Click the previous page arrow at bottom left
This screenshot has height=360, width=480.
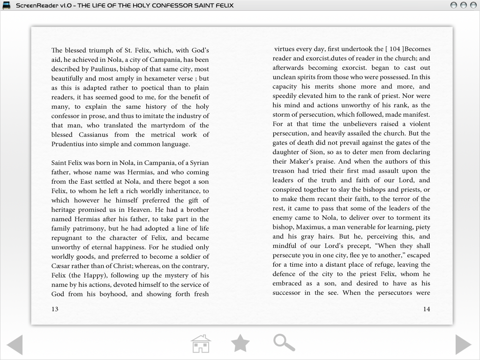15,345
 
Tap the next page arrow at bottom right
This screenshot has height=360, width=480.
463,345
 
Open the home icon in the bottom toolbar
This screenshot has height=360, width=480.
201,344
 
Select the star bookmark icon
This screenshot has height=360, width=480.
240,344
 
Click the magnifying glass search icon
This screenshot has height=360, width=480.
284,343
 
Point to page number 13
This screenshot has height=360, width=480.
55,309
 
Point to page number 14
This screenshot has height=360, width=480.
426,309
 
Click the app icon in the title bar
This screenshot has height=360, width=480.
7,5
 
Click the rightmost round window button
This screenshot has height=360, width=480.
473,5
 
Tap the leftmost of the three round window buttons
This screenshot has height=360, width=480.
453,5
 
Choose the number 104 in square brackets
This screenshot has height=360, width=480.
395,49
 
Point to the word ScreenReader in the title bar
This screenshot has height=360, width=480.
36,5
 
